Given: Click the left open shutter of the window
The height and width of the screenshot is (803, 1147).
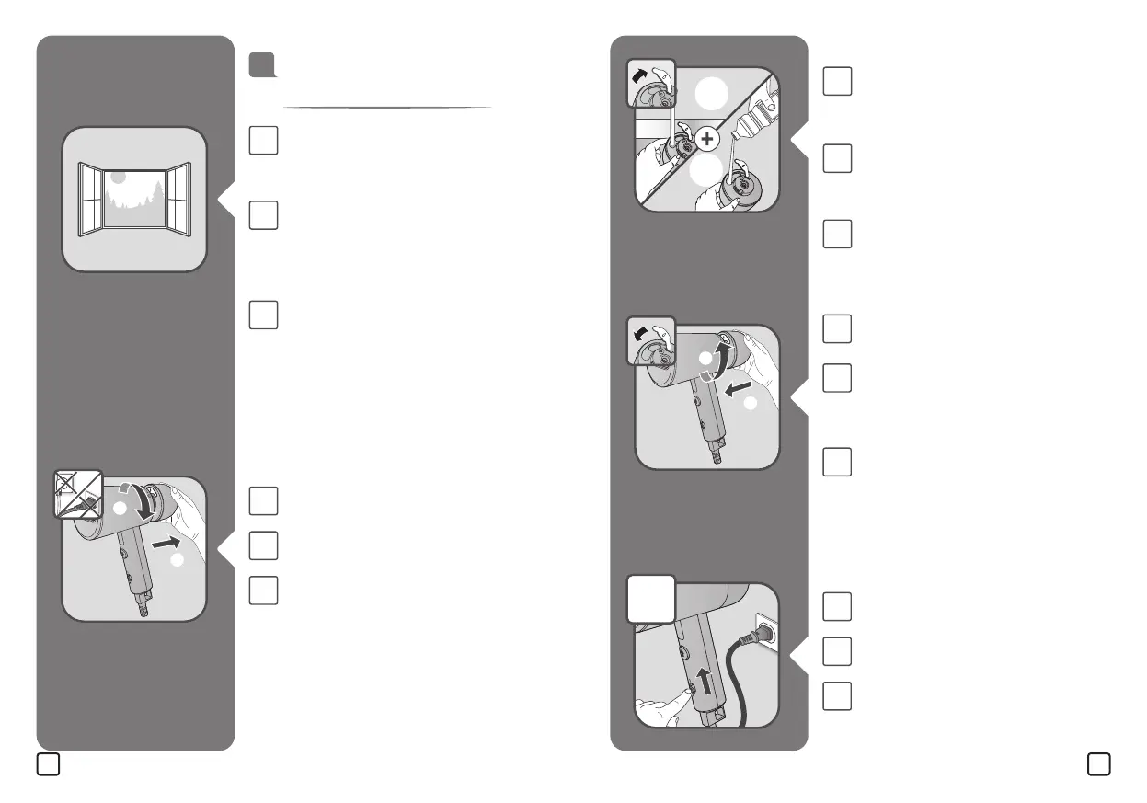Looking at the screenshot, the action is (x=91, y=198).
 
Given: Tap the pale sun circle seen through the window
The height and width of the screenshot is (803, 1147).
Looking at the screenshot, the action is (x=118, y=178).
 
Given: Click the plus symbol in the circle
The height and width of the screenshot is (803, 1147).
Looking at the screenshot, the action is (x=706, y=140).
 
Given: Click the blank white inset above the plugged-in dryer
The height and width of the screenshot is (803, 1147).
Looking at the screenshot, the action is (x=652, y=600).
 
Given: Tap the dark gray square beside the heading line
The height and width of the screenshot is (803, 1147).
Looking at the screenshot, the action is (x=261, y=64).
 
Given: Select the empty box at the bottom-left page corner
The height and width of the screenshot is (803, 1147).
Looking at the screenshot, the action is (x=48, y=763).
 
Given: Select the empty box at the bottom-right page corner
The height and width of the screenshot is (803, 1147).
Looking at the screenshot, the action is (x=1097, y=763).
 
